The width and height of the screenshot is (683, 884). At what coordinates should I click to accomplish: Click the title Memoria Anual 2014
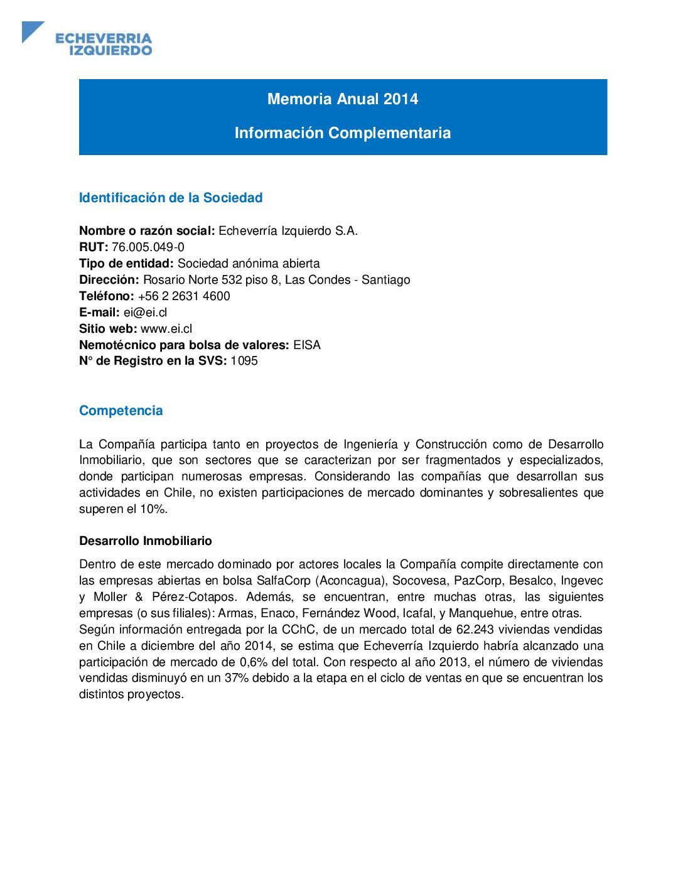(x=343, y=99)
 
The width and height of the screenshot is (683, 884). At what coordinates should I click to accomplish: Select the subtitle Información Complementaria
(x=343, y=133)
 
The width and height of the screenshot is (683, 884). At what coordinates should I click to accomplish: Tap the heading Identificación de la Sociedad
(x=171, y=198)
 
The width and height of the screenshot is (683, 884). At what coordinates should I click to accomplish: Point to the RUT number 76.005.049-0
(x=148, y=247)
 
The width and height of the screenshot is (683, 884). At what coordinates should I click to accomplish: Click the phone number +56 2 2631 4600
(x=184, y=296)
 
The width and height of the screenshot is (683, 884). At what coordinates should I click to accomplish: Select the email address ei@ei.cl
(x=145, y=313)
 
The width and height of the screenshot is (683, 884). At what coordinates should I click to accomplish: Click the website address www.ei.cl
(x=166, y=329)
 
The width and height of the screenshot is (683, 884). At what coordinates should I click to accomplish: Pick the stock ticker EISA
(x=307, y=345)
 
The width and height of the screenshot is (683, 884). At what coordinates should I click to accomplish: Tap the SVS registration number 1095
(x=244, y=361)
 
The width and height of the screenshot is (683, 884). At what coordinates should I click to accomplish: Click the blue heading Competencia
(x=121, y=411)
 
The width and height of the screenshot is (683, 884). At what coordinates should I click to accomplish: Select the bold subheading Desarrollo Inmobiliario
(x=146, y=541)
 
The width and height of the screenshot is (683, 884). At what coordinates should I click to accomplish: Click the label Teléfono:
(x=107, y=296)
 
